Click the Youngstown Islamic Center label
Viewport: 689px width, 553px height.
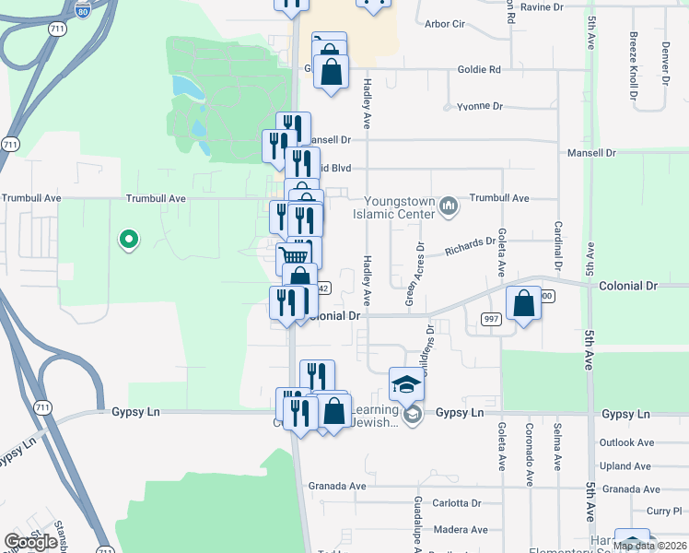point(399,207)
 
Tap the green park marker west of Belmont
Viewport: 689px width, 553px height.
point(129,241)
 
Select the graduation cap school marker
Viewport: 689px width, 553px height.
point(406,383)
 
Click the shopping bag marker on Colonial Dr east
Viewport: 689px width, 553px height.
point(523,304)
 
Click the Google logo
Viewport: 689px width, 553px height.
point(30,542)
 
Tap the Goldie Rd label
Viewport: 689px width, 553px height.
point(480,69)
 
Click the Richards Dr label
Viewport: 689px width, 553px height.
point(470,245)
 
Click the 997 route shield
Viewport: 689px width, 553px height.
point(490,318)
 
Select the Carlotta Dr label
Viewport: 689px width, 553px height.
point(458,503)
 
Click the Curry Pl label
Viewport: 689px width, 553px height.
point(663,511)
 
